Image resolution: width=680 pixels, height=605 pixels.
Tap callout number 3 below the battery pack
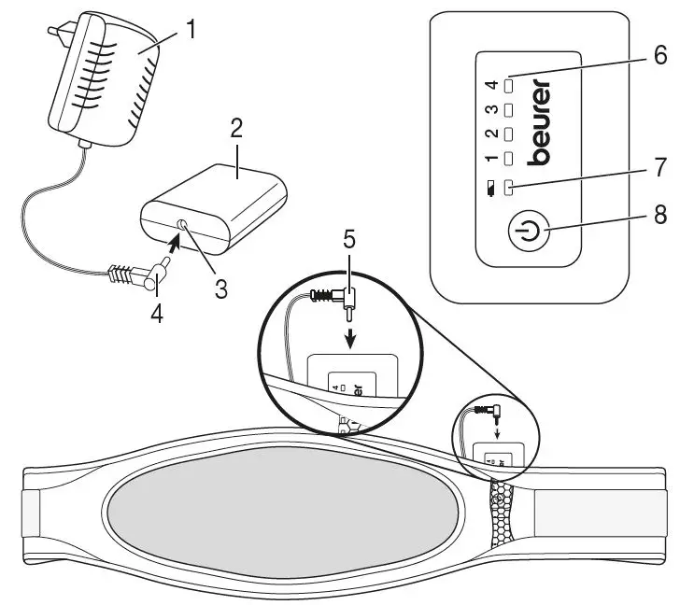point(220,288)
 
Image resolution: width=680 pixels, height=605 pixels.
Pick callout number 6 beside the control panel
point(660,55)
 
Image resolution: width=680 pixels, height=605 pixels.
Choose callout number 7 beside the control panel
point(660,168)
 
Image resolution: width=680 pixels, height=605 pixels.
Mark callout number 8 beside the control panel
point(660,215)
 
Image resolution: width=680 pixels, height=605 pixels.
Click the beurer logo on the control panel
point(539,122)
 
